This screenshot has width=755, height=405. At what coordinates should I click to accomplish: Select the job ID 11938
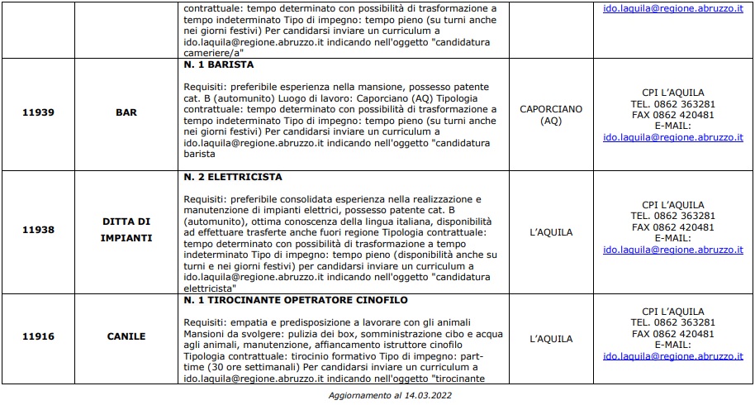(x=39, y=232)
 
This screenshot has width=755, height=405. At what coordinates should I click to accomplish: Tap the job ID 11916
(x=39, y=336)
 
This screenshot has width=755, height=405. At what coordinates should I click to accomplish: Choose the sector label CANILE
(x=126, y=336)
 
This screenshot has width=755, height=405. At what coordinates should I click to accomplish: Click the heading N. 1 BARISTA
(x=218, y=64)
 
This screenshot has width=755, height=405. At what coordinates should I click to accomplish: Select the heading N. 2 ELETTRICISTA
(x=233, y=177)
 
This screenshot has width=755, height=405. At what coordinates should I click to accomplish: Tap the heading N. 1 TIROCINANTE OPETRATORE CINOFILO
(x=295, y=299)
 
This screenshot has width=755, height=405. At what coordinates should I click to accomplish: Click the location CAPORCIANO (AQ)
(x=551, y=114)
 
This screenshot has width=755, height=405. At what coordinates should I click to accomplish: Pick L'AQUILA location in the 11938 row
(x=551, y=232)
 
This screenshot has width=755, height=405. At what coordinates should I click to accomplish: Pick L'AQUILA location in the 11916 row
(x=551, y=339)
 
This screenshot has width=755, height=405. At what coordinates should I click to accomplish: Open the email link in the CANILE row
(x=673, y=356)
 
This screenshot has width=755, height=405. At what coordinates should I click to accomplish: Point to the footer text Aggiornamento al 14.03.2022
(x=377, y=395)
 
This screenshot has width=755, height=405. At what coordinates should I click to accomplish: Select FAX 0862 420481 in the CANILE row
(x=673, y=333)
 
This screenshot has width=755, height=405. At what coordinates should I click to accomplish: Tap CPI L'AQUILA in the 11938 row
(x=673, y=204)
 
